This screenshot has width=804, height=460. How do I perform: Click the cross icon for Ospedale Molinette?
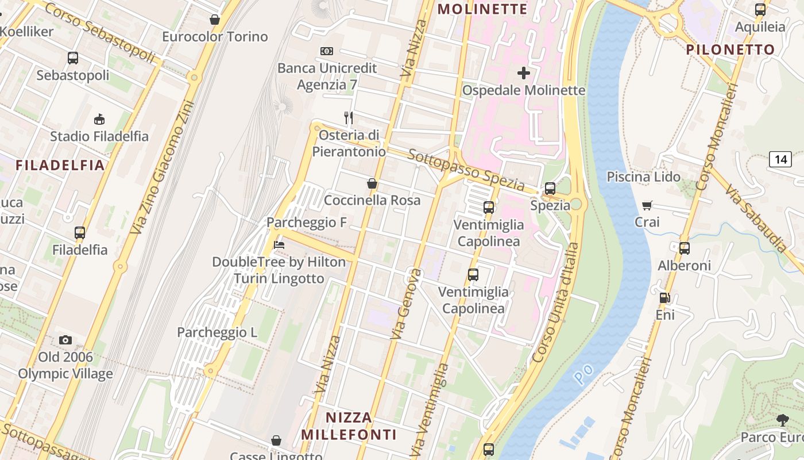pos(524,73)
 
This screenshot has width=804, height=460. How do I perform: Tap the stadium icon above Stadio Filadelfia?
pos(99,119)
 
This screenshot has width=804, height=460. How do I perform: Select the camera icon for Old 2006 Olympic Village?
pos(65,340)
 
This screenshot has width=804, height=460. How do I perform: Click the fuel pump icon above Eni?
pos(664,297)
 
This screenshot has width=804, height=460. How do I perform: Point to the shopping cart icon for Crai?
pos(647,205)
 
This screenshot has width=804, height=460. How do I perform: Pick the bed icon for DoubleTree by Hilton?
pos(279,244)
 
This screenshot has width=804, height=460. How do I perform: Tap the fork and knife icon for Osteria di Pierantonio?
pos(348,118)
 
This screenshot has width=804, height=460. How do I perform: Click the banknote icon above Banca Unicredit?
pos(327,51)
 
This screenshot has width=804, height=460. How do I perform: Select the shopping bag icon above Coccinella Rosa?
pos(372,183)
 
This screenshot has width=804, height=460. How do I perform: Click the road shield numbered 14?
pos(780,159)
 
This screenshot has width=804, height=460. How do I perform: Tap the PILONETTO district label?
pos(730,49)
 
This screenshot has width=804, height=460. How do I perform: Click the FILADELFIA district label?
pos(60,166)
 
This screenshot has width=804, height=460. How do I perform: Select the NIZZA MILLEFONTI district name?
pos(349,425)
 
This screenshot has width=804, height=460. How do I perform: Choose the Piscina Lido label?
pos(643,177)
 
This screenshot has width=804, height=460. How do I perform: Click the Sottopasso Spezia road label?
pos(466,170)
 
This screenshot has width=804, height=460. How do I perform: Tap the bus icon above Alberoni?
pos(684,248)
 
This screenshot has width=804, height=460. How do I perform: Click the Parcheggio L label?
pos(217,332)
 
